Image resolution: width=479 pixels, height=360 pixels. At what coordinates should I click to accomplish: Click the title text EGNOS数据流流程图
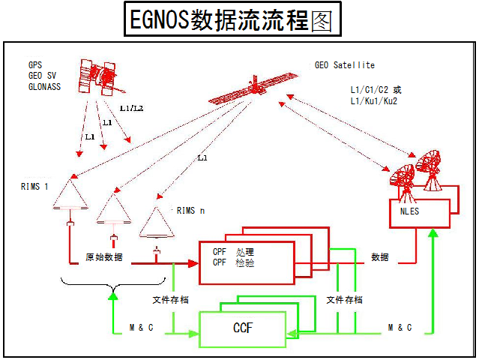click(231, 19)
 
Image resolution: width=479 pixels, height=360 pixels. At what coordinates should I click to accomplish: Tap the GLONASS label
click(44, 87)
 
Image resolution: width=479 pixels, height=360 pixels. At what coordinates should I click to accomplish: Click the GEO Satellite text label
click(345, 65)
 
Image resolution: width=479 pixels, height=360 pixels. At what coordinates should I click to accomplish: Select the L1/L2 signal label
click(132, 108)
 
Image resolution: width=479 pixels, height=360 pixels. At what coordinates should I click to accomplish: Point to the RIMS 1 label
click(34, 187)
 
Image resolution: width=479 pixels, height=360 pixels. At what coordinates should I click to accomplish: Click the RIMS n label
click(190, 211)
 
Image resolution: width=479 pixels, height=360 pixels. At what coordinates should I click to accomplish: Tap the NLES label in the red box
click(409, 211)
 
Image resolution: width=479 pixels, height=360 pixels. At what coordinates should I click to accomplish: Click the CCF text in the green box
click(243, 328)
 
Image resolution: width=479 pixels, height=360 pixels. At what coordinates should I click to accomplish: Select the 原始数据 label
click(104, 257)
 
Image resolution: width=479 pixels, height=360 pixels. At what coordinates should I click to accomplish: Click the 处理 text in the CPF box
click(244, 252)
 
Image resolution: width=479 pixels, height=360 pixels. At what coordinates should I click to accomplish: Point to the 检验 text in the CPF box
click(244, 262)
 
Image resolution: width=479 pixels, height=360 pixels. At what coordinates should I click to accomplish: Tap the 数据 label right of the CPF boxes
click(380, 257)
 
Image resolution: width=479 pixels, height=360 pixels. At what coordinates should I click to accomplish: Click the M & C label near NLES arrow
click(400, 328)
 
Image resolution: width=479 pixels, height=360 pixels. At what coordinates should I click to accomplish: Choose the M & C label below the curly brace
click(141, 328)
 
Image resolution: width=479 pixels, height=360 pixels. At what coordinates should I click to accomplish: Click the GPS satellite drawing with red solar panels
click(99, 77)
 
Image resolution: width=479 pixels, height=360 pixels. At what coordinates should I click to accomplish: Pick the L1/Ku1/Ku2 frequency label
click(374, 100)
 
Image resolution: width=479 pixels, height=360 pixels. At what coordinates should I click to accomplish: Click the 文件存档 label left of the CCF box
click(170, 300)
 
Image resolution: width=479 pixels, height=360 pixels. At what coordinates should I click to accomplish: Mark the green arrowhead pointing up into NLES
click(433, 233)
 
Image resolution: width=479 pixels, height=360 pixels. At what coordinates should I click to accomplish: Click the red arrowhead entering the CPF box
click(193, 263)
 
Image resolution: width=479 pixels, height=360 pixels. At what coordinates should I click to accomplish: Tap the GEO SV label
click(43, 76)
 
